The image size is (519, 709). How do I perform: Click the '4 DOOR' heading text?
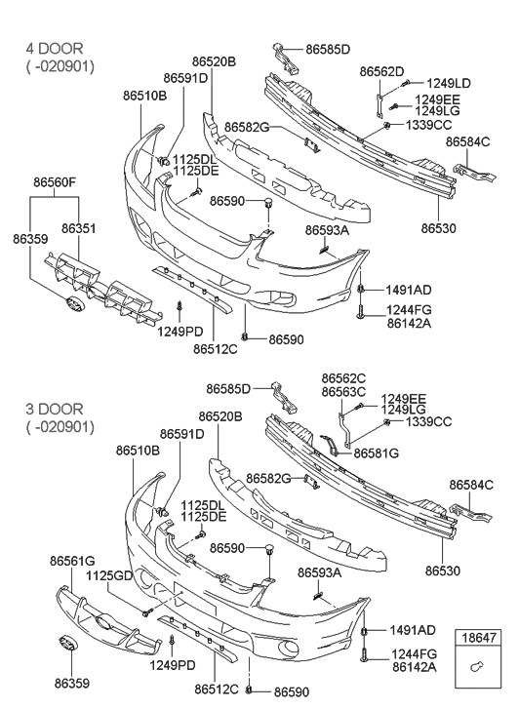[x=55, y=48]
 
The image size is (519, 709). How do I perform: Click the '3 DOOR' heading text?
[x=55, y=409]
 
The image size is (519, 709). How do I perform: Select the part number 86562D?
[x=381, y=71]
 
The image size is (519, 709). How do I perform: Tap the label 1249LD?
[x=449, y=83]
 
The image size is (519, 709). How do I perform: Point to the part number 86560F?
[x=55, y=182]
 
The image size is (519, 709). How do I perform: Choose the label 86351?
[x=79, y=228]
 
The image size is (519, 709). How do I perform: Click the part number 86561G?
[x=72, y=561]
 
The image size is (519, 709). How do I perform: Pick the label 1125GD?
[x=109, y=575]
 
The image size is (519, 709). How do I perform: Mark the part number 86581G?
[x=377, y=453]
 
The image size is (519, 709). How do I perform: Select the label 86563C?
[x=344, y=392]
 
